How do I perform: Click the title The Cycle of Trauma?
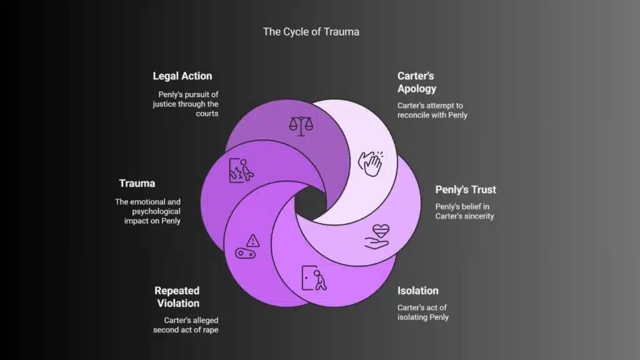[311, 32]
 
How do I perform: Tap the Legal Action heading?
[182, 76]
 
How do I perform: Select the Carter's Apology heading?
[416, 82]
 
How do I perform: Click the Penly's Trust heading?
[466, 190]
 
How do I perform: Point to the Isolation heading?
[417, 291]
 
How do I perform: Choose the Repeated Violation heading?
[177, 297]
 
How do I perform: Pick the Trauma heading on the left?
[137, 184]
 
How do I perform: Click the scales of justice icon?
[301, 124]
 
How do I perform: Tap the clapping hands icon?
[369, 163]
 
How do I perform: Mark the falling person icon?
[241, 169]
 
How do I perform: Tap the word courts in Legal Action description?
[206, 114]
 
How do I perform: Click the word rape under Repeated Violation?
[209, 329]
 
